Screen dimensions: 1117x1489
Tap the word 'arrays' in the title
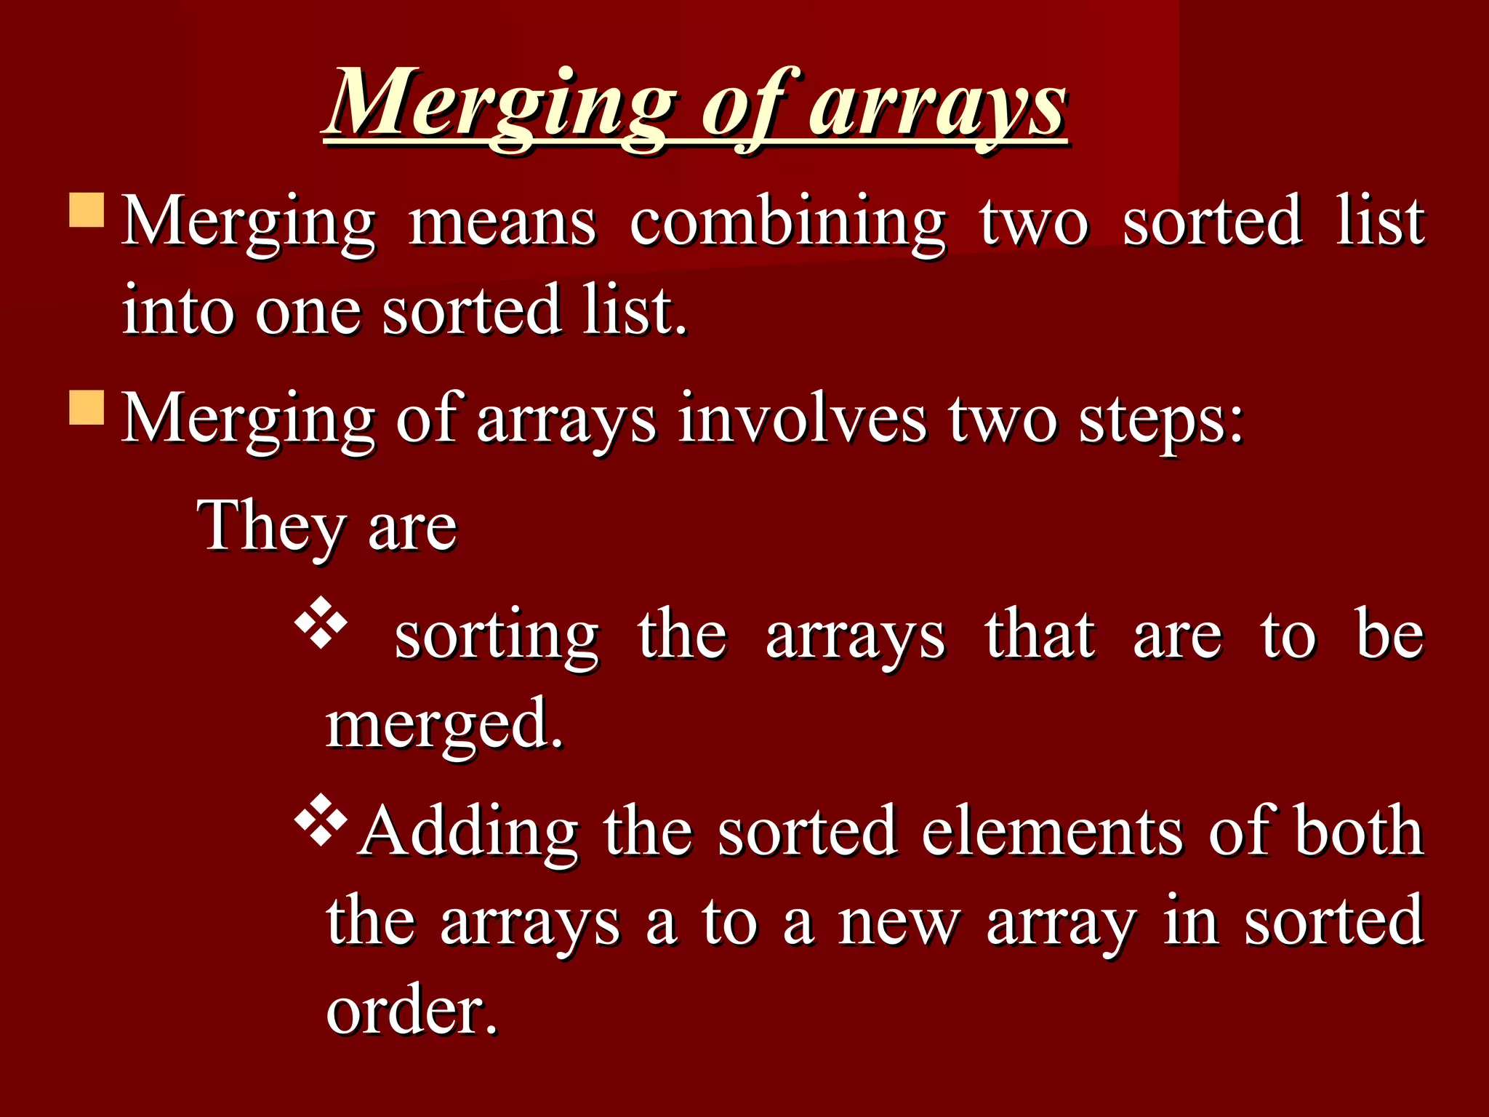click(938, 105)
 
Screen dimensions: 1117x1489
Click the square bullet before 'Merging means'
click(87, 210)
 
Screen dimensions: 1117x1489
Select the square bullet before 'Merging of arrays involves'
click(87, 407)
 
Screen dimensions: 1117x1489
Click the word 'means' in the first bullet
click(502, 222)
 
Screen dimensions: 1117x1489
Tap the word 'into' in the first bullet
click(175, 311)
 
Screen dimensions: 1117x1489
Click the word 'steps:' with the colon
click(1161, 420)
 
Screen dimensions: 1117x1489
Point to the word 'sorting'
click(497, 637)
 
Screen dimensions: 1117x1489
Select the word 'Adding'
click(470, 833)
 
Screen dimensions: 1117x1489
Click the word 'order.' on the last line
click(412, 1011)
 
